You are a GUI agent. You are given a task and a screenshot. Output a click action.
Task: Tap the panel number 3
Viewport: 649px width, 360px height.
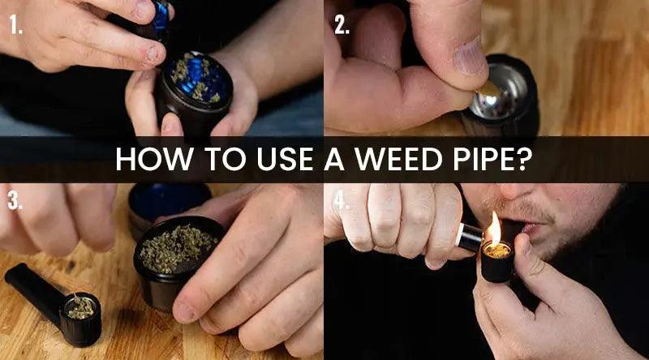(x=15, y=201)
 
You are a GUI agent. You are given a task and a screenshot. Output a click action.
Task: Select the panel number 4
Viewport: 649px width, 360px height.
(x=342, y=201)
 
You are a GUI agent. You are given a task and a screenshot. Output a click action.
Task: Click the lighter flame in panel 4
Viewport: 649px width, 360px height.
(x=494, y=229)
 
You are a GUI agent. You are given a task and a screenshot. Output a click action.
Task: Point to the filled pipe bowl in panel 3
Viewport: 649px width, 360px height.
(x=80, y=309)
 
